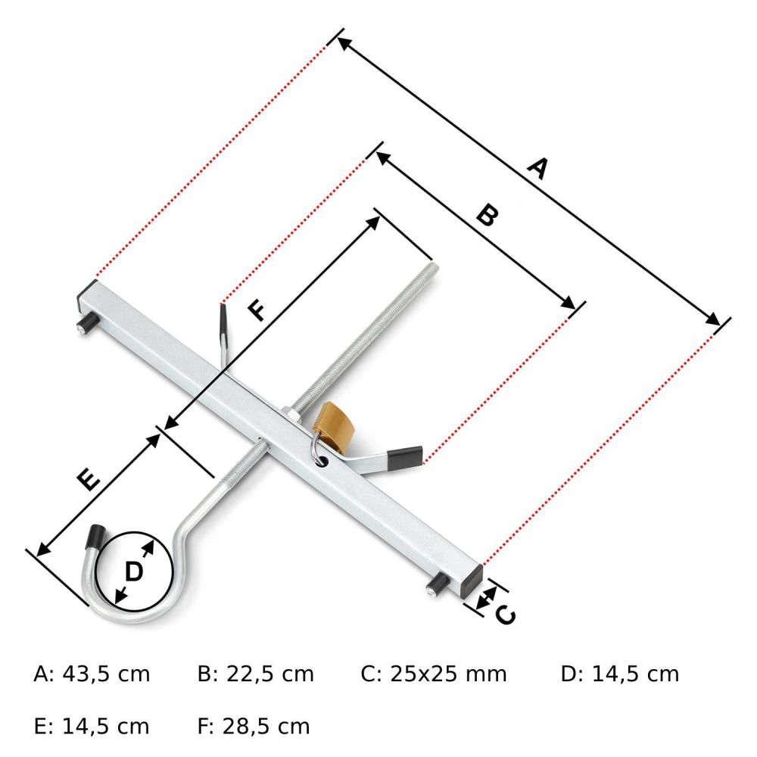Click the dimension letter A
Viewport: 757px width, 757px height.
pyautogui.click(x=537, y=168)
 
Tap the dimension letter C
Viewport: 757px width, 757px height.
pyautogui.click(x=506, y=615)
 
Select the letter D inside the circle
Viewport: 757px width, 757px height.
pyautogui.click(x=134, y=572)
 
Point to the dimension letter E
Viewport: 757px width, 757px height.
pyautogui.click(x=89, y=479)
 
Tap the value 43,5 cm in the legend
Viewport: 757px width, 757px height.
pyautogui.click(x=106, y=674)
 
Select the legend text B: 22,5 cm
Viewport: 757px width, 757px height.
pyautogui.click(x=255, y=674)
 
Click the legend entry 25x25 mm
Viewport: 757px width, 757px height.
pyautogui.click(x=448, y=674)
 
